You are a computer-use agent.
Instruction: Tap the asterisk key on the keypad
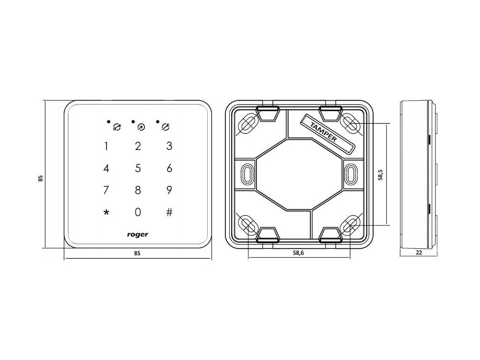[x=106, y=212]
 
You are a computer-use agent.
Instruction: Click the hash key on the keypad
[x=169, y=212]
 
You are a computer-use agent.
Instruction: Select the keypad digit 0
[x=138, y=212]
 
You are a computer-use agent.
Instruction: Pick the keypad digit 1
[x=106, y=146]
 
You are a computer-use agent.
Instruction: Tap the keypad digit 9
[x=169, y=190]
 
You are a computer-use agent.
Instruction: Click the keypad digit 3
[x=169, y=146]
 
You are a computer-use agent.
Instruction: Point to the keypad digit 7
[x=106, y=190]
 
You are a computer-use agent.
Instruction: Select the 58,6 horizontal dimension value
[x=298, y=253]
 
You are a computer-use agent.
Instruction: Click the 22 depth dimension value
[x=419, y=253]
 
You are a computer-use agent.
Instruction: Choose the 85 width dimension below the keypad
[x=137, y=253]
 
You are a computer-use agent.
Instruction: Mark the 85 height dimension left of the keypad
[x=41, y=178]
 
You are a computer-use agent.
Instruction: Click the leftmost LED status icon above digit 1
[x=116, y=126]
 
